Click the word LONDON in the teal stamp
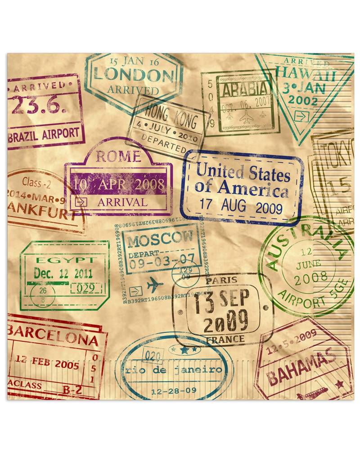click(x=133, y=75)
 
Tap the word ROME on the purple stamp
click(x=118, y=156)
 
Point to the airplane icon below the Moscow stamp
click(x=154, y=285)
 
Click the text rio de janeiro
click(x=174, y=370)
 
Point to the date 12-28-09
click(x=174, y=390)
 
